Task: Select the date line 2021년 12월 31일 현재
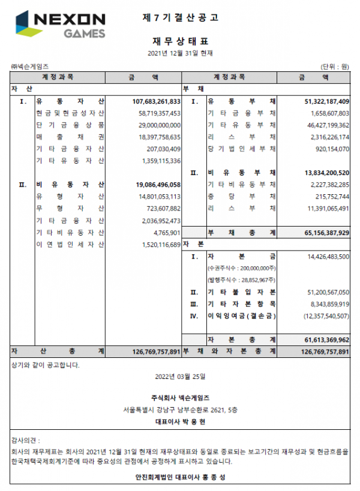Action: (180, 53)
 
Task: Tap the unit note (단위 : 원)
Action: (335, 66)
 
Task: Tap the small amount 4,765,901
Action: (167, 232)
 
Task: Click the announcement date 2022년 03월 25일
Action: (180, 378)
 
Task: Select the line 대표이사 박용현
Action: (180, 421)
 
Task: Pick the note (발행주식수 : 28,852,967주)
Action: (240, 279)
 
